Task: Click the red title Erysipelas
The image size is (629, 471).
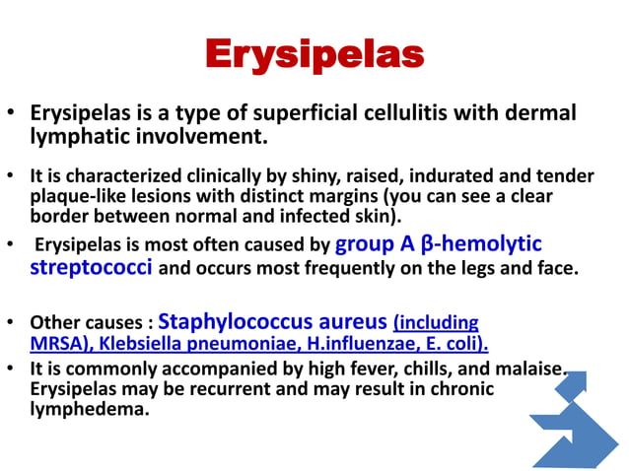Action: [314, 54]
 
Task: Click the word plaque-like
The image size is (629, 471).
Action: [79, 196]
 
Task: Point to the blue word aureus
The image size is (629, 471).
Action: [349, 321]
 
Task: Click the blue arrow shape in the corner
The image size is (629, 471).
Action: [582, 424]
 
